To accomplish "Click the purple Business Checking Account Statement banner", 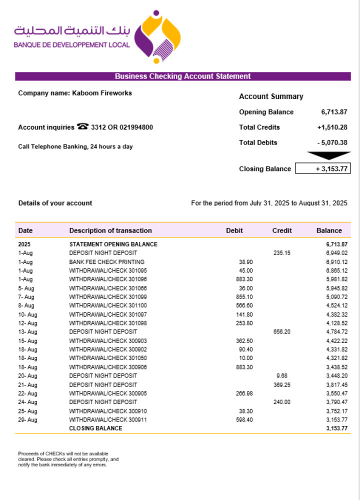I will click(182, 76).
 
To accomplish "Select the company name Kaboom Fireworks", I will click(102, 92).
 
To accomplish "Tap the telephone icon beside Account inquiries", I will click(82, 127).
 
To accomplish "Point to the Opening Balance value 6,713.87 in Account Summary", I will click(334, 112).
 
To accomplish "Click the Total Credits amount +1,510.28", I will click(332, 127).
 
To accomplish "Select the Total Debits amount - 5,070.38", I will click(332, 142).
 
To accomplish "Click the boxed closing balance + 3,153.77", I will click(323, 168).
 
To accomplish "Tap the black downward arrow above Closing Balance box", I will click(328, 155).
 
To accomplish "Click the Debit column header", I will click(234, 230).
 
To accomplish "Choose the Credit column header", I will click(282, 230).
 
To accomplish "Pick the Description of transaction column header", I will click(110, 230).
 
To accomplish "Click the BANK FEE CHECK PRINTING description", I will click(106, 262).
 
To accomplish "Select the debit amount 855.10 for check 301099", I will click(244, 297).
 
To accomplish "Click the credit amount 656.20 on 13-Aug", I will click(282, 332).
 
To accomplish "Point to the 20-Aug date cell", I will click(27, 376).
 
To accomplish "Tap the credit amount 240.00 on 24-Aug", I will click(282, 402).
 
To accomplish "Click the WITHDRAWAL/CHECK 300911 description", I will click(108, 420).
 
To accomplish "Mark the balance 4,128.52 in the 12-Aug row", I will click(336, 323).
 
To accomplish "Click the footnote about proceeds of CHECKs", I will click(68, 459).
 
